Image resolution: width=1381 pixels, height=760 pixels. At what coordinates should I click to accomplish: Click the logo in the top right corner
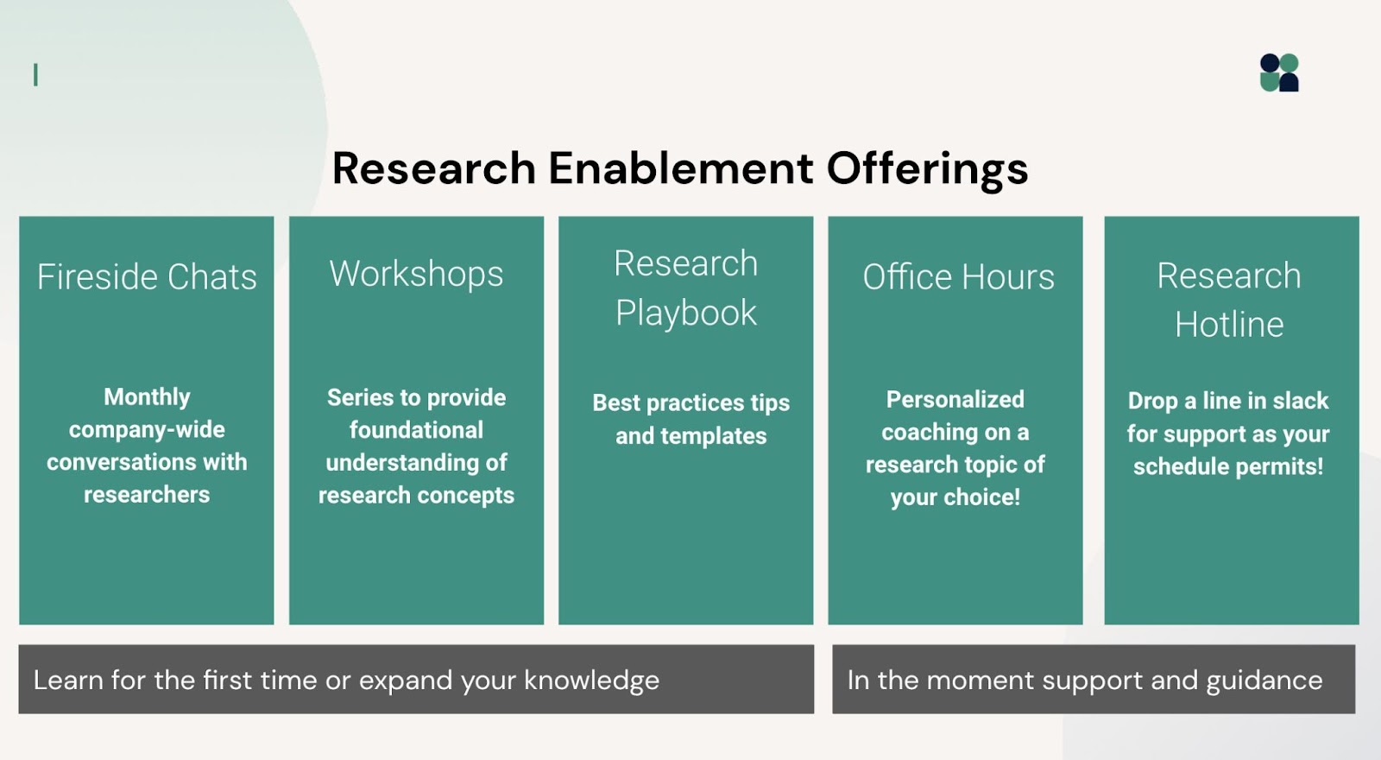(1279, 73)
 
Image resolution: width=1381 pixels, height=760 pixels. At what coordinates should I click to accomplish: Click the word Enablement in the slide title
(680, 168)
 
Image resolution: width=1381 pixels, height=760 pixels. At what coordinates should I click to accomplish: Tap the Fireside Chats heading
(147, 277)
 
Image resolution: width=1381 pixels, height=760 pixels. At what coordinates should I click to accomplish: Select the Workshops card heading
(416, 274)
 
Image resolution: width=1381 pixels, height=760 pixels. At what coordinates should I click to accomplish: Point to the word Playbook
(686, 313)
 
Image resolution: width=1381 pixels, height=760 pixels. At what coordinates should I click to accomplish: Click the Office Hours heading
(958, 277)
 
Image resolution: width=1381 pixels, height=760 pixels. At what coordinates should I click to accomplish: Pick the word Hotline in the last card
(1229, 325)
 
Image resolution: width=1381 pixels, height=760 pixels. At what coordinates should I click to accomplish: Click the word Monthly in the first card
(147, 396)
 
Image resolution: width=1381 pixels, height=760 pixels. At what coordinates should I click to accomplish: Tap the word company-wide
(147, 429)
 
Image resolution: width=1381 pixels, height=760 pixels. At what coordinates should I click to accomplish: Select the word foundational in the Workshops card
(416, 430)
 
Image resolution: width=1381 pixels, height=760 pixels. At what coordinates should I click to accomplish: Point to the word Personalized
(955, 399)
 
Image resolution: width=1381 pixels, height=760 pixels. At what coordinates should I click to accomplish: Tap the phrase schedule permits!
(1227, 467)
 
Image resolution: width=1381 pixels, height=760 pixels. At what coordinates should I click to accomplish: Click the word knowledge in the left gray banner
(591, 681)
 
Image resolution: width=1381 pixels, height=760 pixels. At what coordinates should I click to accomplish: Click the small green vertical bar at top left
(35, 75)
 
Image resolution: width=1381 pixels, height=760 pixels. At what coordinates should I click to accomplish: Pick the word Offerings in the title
(927, 168)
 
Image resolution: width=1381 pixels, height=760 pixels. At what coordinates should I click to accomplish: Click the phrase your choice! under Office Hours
(955, 497)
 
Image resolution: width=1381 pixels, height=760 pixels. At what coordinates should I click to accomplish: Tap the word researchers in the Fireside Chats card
(147, 495)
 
